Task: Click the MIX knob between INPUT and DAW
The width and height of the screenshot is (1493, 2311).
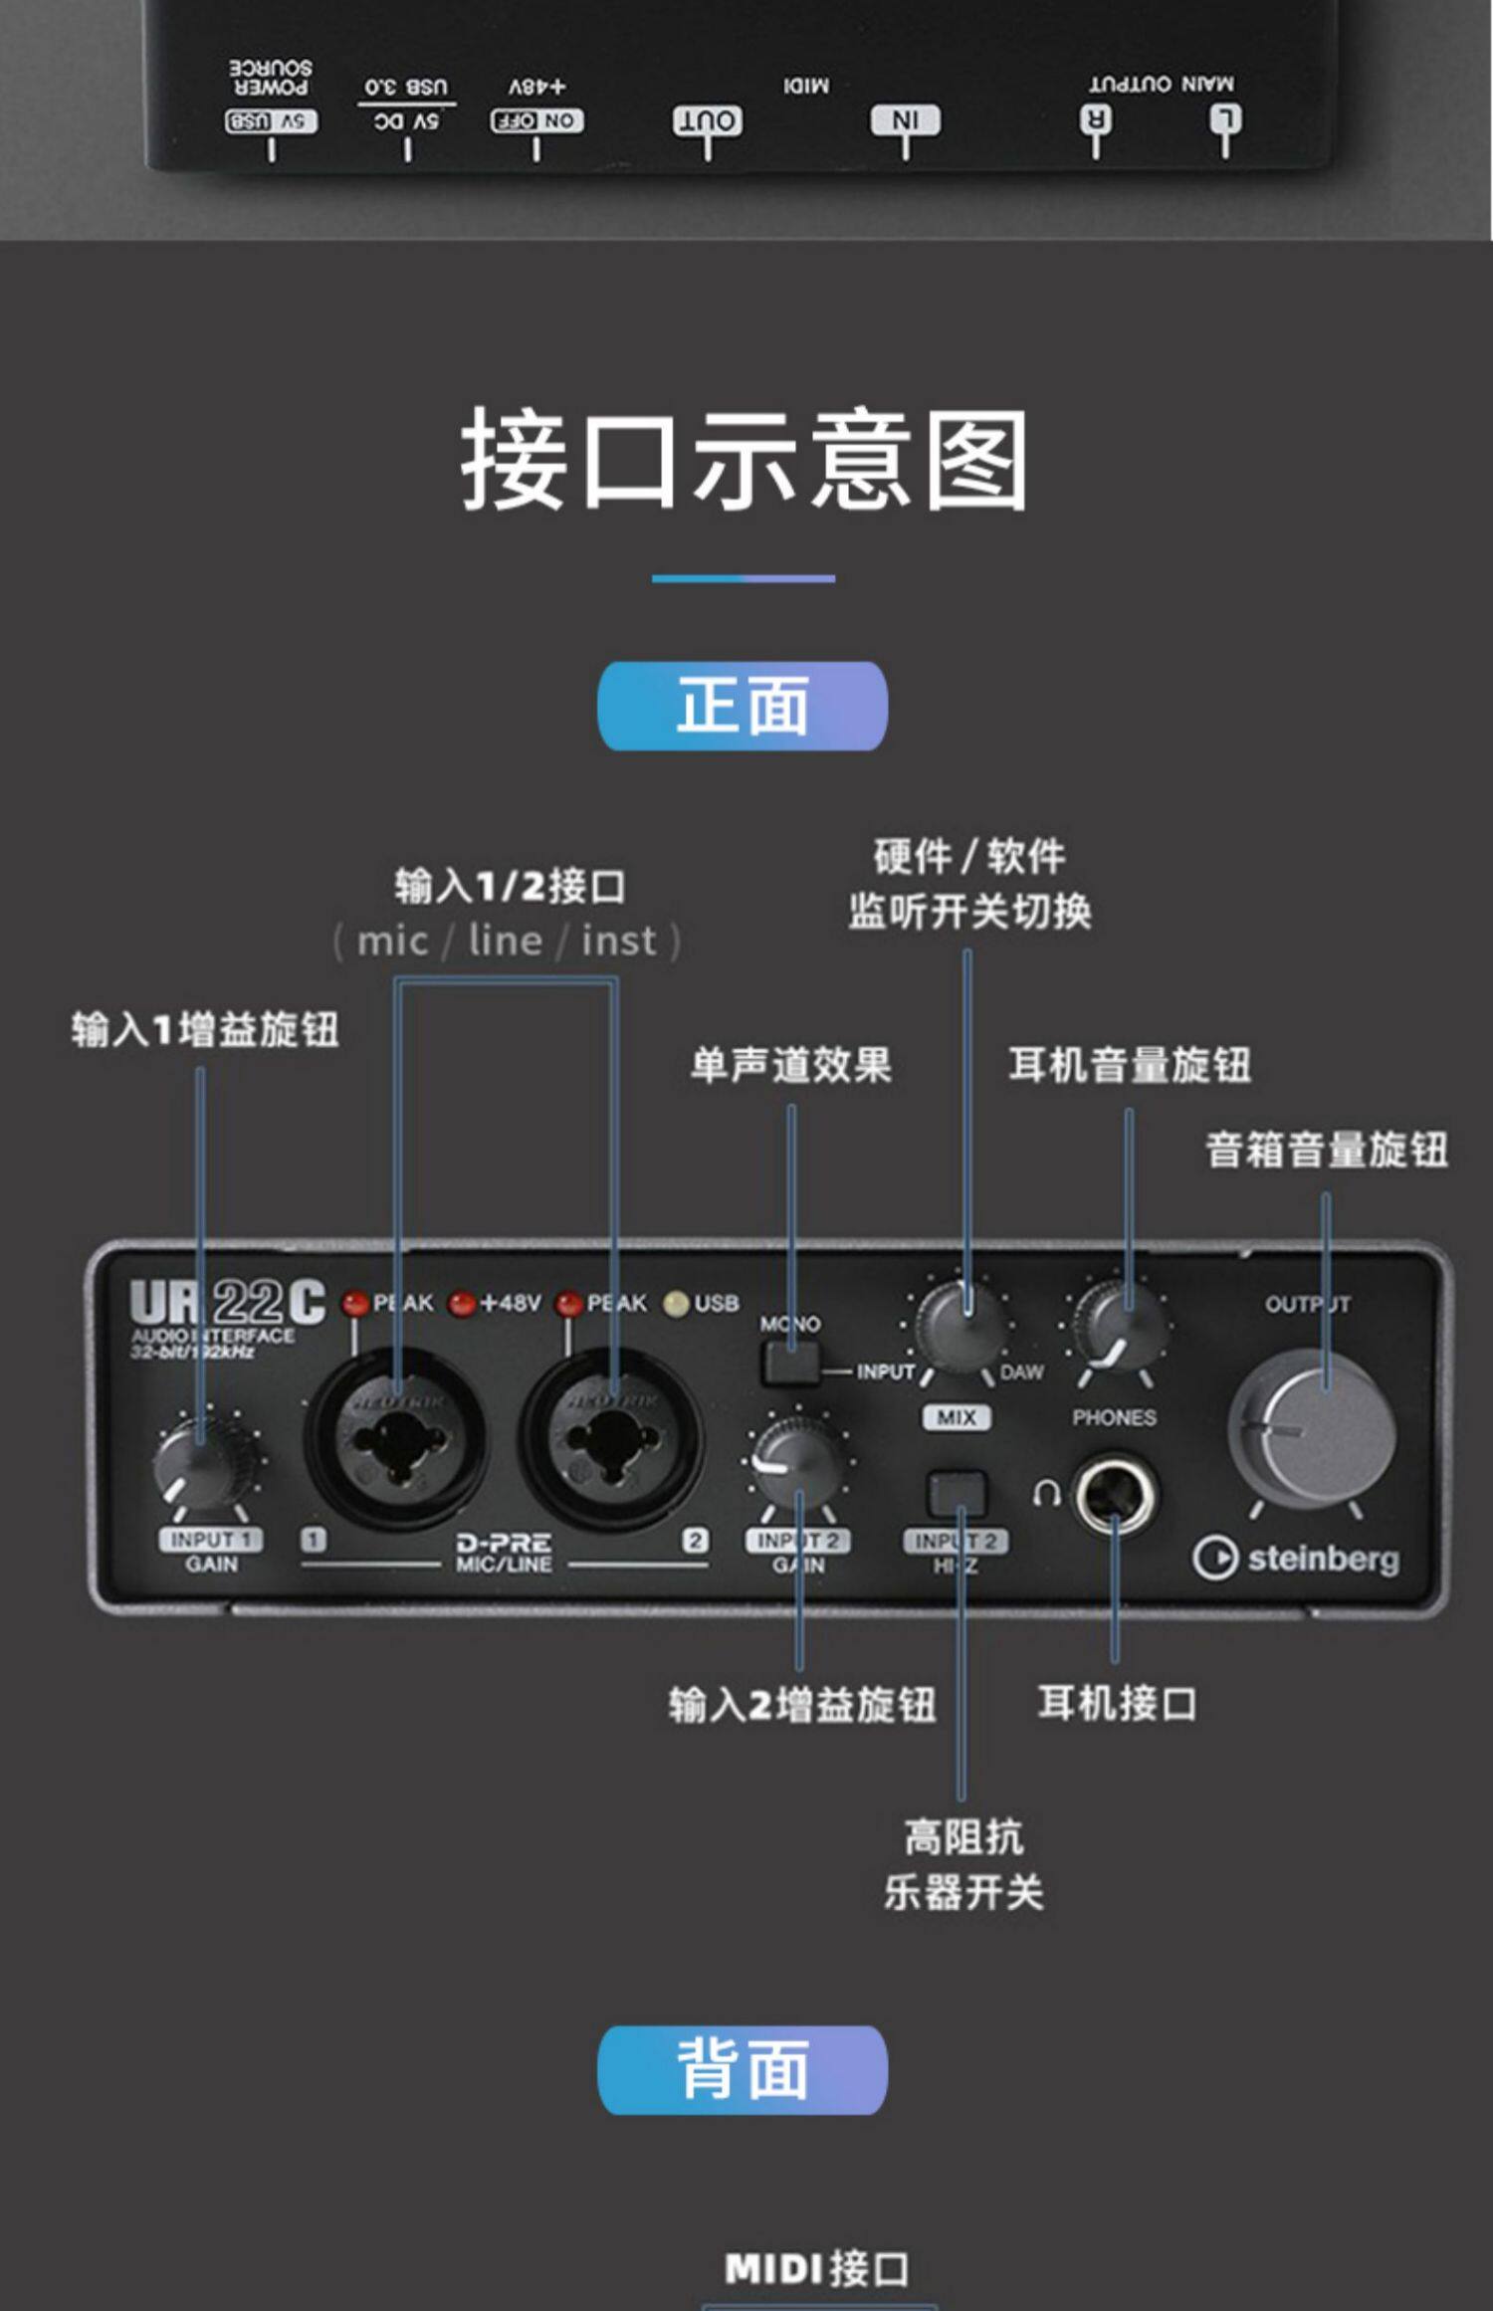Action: pos(960,1330)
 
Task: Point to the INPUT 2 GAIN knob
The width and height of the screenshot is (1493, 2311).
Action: pos(797,1462)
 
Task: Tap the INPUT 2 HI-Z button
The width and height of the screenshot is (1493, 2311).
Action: pos(957,1494)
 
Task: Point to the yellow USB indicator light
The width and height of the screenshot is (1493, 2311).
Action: pos(676,1304)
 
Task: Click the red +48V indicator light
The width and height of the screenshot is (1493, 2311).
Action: pos(461,1304)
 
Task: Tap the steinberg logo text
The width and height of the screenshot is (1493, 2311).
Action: pos(1322,1558)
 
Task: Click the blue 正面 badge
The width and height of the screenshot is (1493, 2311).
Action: pos(743,706)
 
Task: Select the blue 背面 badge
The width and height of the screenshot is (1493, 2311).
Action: pos(743,2070)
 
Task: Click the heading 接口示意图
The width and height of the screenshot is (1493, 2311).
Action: pos(744,461)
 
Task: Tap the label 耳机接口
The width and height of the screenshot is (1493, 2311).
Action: pos(1117,1704)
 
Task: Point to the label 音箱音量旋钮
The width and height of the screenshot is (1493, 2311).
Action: pos(1327,1150)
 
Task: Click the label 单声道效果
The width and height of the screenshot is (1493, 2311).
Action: pos(791,1065)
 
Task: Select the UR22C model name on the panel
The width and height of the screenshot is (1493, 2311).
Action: pos(227,1302)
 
